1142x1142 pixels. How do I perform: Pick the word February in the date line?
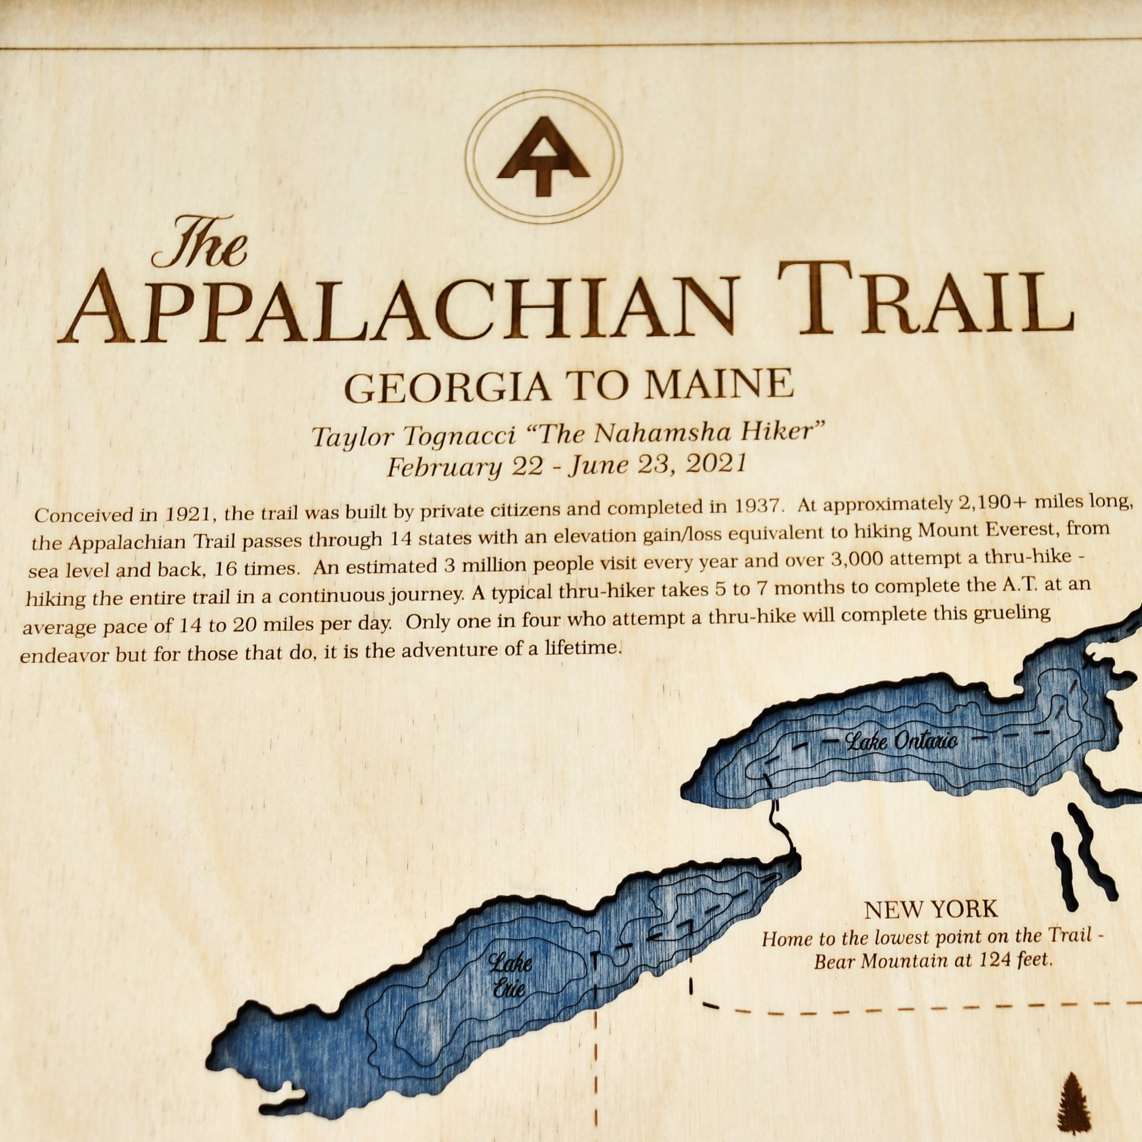click(x=444, y=468)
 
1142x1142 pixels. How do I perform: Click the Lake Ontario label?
click(x=902, y=741)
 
